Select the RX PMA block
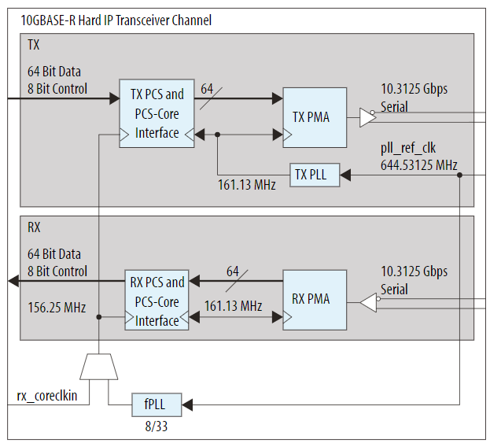click(x=314, y=299)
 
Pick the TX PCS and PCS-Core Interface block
click(x=157, y=113)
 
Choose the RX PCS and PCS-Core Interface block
click(x=157, y=301)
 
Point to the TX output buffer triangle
click(x=367, y=117)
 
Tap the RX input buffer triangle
click(x=368, y=302)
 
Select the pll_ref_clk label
click(x=408, y=149)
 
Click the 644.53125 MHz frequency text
click(x=414, y=164)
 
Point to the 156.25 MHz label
click(x=57, y=307)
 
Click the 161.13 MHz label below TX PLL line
click(x=246, y=186)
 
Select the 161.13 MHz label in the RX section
click(x=234, y=305)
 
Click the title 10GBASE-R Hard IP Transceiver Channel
click(x=109, y=20)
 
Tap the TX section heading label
click(x=34, y=46)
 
